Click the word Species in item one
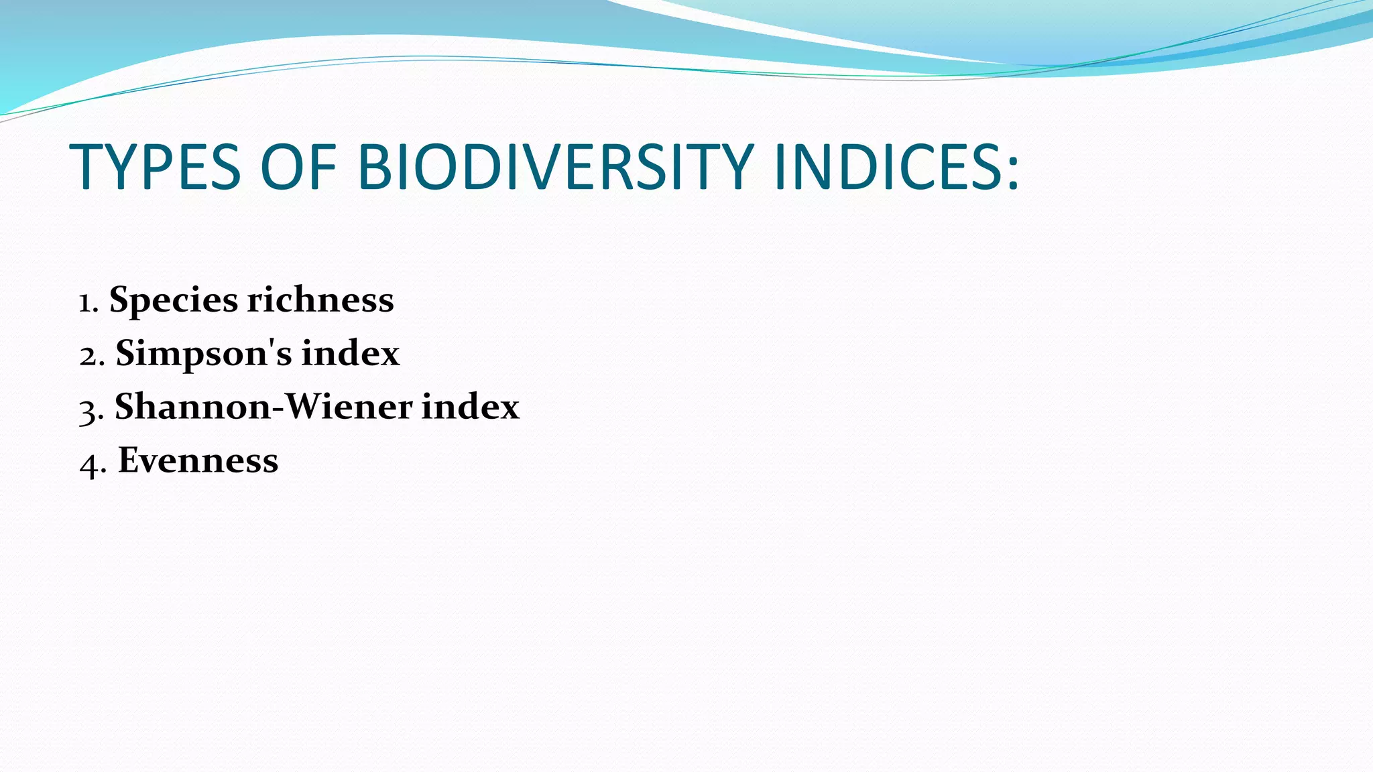pos(173,300)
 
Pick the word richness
pos(320,300)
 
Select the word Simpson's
pos(203,353)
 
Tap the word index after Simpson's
pos(350,352)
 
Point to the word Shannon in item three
pos(192,406)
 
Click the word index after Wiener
pos(470,406)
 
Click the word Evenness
pos(198,460)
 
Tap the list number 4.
pos(89,464)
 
